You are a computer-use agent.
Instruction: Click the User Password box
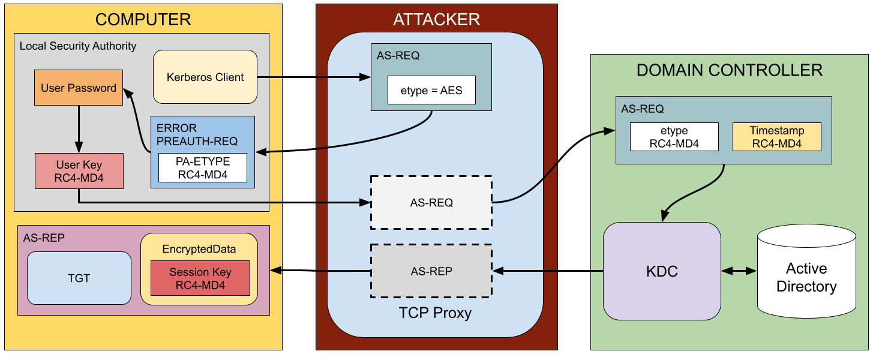point(79,88)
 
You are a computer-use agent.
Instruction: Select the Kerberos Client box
point(205,77)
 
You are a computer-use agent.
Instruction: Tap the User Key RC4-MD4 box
point(79,171)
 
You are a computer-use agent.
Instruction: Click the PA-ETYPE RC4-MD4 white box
point(203,168)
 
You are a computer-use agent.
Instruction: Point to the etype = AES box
point(431,92)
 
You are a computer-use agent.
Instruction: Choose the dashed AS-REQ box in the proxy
point(431,203)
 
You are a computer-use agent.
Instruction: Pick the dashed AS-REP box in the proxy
point(431,271)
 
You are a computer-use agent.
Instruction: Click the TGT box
point(79,278)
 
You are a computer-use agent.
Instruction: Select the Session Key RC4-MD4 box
point(200,278)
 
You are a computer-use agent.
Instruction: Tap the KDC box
point(662,271)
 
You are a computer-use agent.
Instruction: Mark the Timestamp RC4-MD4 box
point(776,137)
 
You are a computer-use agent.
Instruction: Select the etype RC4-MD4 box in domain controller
point(674,137)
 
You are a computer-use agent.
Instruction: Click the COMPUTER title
point(143,19)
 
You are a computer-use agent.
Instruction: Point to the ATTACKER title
point(436,19)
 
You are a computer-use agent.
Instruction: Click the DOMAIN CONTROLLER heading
point(729,70)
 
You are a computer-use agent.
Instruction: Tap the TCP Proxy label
point(435,313)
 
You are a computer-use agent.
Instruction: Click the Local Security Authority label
point(78,46)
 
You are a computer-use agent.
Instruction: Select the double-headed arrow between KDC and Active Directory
point(739,271)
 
